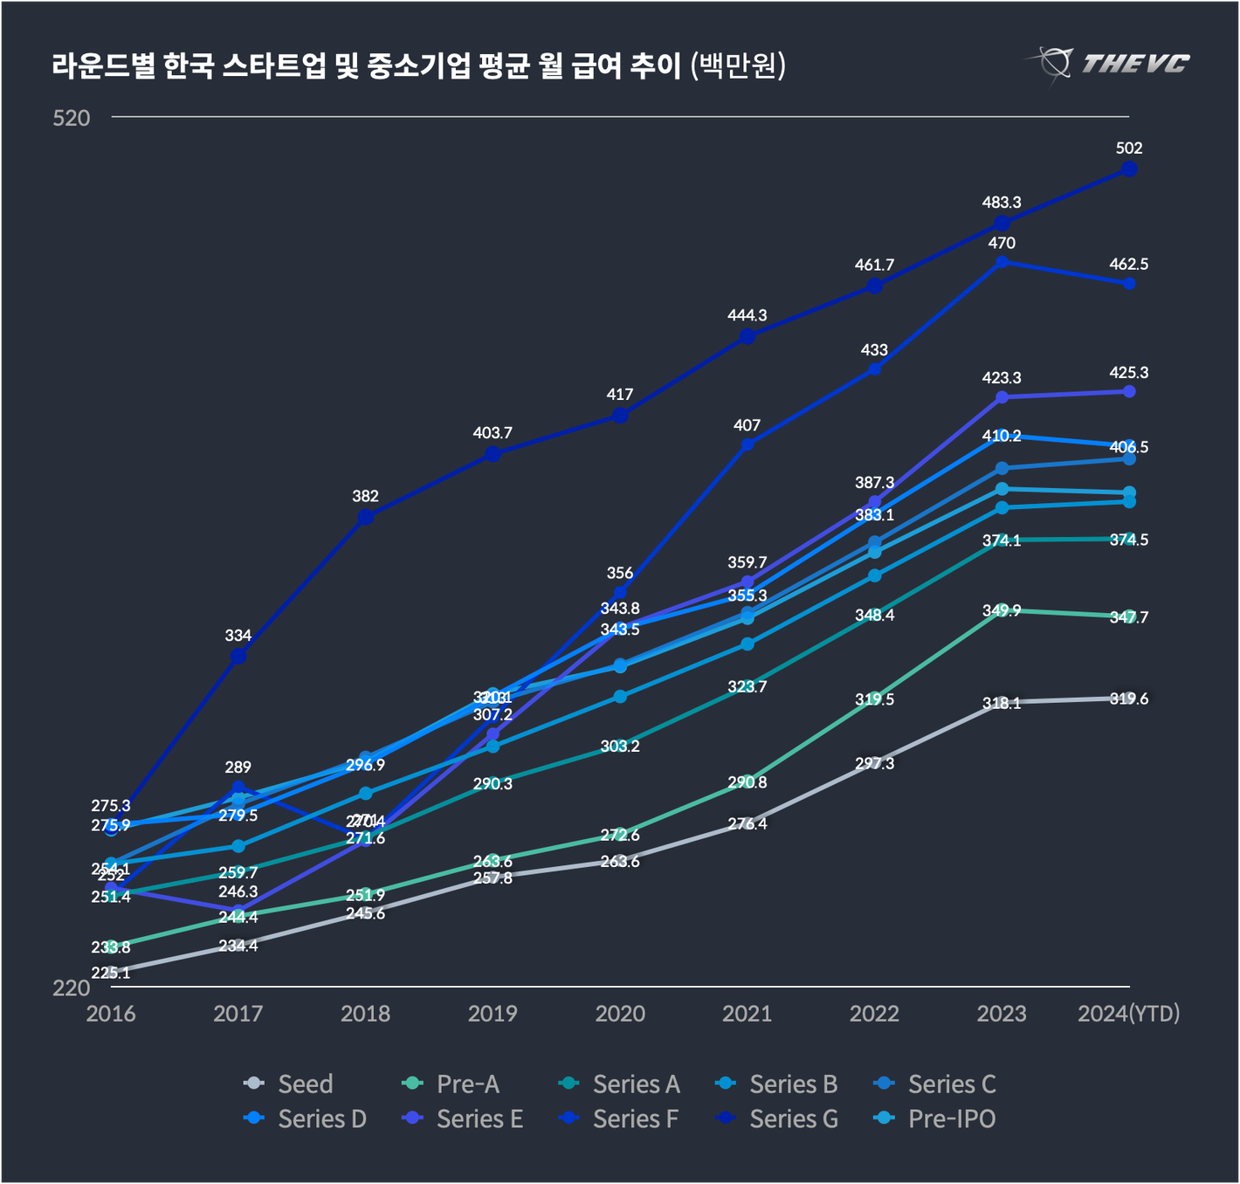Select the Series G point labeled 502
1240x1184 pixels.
[x=1129, y=169]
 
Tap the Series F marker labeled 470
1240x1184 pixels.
[x=1002, y=261]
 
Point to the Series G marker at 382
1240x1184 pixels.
[x=366, y=517]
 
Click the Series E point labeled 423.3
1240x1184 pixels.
[x=1002, y=397]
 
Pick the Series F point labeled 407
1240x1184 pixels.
[x=747, y=444]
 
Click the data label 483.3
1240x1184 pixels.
[x=1002, y=203]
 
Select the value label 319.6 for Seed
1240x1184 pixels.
[x=1129, y=699]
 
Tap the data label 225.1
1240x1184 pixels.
[x=111, y=973]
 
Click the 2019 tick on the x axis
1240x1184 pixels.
[x=493, y=1014]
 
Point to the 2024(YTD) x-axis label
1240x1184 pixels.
[x=1128, y=1014]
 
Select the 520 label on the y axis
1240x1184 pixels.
[x=72, y=118]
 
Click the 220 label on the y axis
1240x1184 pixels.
[x=72, y=988]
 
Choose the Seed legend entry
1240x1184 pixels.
[x=290, y=1084]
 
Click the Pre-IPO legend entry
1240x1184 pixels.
[x=935, y=1119]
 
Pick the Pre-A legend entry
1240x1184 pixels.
[x=451, y=1084]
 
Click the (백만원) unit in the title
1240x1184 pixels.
[x=737, y=65]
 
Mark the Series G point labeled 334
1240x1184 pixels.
[x=238, y=656]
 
